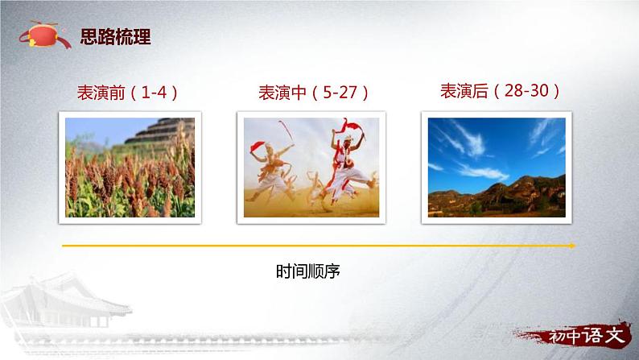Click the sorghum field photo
click(130, 166)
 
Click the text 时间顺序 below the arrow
click(307, 271)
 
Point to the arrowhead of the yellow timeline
click(572, 246)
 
